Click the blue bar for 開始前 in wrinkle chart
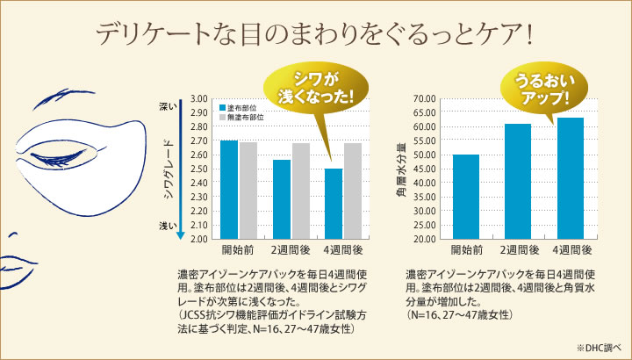click(x=228, y=189)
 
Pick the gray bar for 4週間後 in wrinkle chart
click(x=352, y=191)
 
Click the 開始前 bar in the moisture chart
click(x=465, y=196)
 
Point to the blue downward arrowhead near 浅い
click(x=181, y=234)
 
